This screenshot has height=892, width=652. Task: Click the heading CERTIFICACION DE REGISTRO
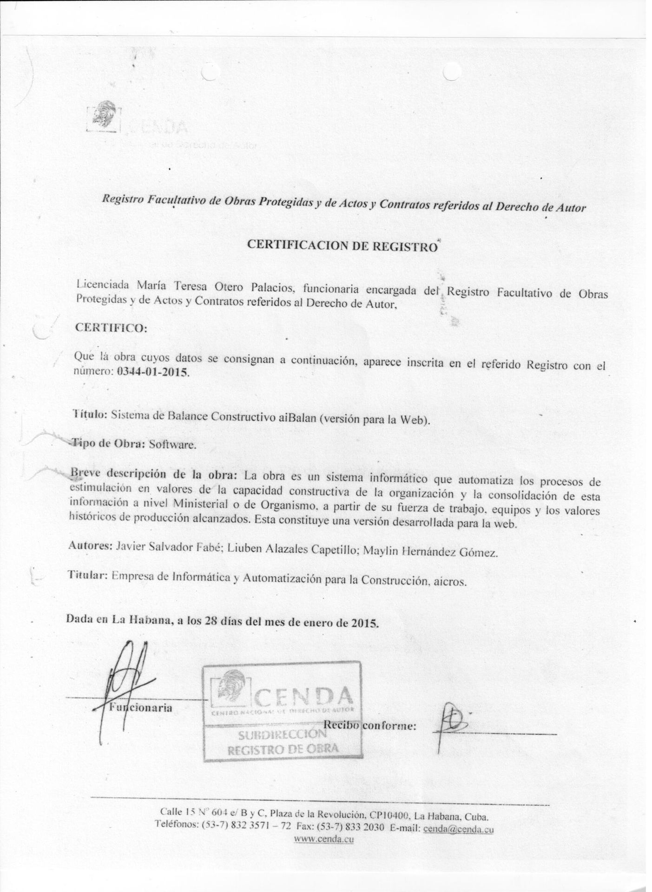tap(342, 246)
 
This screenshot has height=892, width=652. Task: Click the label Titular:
tap(88, 575)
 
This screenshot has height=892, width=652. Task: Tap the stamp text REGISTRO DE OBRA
tap(283, 748)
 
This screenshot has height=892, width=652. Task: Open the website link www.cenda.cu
tap(324, 839)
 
